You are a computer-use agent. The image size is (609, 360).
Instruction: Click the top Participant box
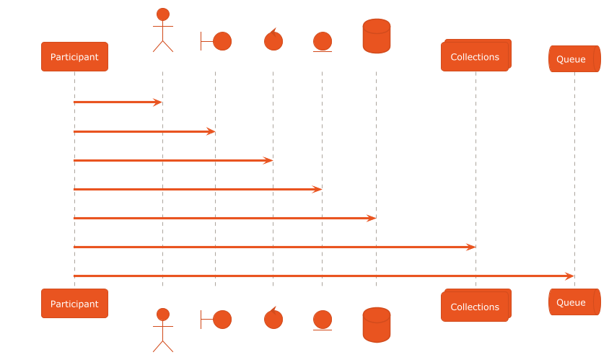point(74,57)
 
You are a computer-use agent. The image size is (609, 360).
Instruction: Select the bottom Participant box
point(74,303)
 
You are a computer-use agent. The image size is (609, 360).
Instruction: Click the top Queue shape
point(574,58)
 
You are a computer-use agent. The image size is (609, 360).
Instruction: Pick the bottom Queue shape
point(574,302)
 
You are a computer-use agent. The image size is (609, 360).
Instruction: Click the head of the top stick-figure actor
point(163,14)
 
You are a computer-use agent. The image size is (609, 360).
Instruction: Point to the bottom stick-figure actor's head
point(163,315)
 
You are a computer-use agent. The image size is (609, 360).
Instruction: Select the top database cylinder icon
point(377,36)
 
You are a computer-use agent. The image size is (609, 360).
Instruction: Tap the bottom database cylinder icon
point(377,325)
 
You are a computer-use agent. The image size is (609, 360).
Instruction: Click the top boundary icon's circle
point(222,41)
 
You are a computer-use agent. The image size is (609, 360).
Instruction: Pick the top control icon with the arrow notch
point(273,40)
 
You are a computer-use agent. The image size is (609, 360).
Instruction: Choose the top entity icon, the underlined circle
point(323,42)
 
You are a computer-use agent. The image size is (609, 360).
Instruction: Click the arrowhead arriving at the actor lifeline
point(158,102)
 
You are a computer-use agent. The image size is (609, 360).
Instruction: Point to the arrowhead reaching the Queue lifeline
point(570,276)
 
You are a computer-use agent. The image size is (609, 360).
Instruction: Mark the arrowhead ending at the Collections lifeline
point(470,247)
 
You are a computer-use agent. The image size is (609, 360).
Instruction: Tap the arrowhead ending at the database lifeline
point(372,219)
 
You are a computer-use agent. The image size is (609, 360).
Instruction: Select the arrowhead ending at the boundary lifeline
point(211,131)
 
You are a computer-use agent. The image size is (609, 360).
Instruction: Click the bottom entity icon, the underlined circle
point(323,320)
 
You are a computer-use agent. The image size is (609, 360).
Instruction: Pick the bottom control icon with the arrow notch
point(273,317)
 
